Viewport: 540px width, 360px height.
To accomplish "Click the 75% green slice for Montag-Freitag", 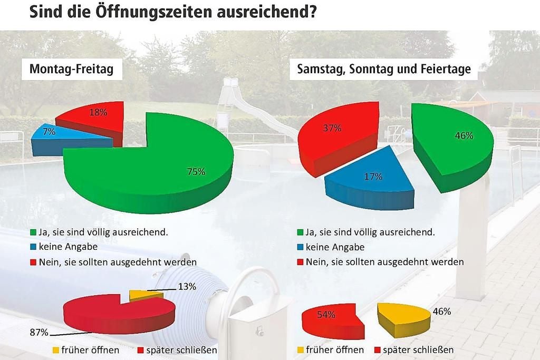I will point(158,163).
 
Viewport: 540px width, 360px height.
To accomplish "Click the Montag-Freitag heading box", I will point(72,70).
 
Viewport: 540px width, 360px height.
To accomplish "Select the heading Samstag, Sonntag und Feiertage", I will point(383,70).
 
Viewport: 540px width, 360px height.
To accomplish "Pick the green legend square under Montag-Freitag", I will point(33,232).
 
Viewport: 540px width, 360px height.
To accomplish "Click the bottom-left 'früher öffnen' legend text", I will point(90,349).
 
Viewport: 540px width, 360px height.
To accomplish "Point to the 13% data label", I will point(187,287).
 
